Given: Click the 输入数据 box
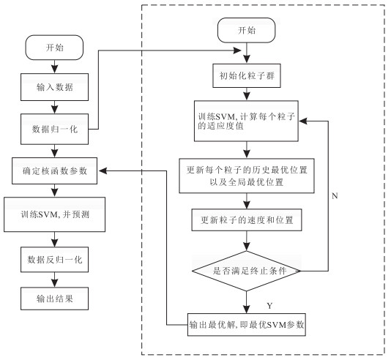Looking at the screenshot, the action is (54, 87).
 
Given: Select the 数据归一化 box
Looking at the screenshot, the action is (54, 129).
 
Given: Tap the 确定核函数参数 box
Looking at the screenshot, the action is (54, 171).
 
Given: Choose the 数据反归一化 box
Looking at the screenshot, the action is (54, 260).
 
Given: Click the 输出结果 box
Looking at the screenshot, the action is (54, 299).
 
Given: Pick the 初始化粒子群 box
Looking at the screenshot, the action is (247, 76).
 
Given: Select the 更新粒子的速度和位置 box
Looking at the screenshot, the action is (247, 220).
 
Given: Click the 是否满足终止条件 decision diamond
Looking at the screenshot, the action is (246, 271).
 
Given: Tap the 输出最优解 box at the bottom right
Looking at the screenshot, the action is (247, 325).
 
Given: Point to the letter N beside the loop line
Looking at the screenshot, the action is (335, 196).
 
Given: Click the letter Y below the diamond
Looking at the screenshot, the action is (269, 306).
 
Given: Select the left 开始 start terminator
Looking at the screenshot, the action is (54, 48).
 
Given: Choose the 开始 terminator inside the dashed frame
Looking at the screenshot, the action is (247, 30).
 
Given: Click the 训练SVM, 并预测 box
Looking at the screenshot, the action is (54, 214).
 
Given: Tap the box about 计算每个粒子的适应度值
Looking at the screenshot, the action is (246, 121).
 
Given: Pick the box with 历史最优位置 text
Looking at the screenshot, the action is (247, 176).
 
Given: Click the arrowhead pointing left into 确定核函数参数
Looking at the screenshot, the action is (103, 171).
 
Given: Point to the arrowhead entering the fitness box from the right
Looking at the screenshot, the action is (303, 121).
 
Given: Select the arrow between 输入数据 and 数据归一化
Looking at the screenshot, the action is (54, 107).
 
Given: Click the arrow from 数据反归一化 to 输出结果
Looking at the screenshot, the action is (54, 280).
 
